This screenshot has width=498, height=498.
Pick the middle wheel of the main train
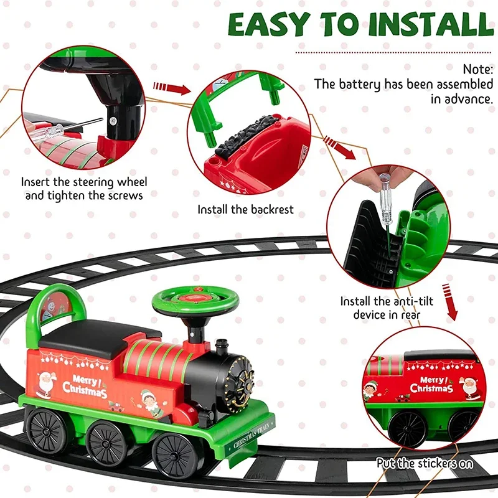click(107, 444)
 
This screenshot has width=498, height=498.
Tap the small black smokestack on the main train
click(220, 349)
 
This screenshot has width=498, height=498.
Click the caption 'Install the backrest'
click(245, 209)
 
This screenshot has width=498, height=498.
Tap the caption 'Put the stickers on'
click(425, 463)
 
